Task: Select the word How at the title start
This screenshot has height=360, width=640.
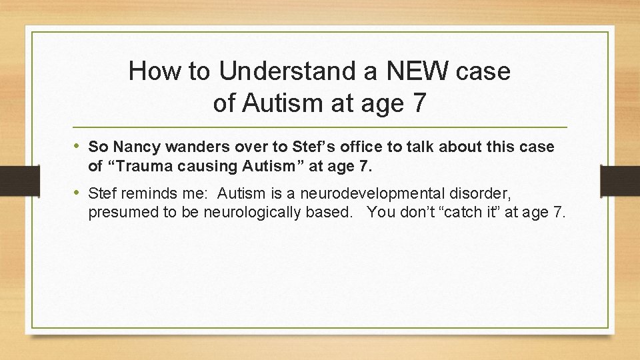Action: point(155,71)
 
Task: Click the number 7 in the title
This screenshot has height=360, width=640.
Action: point(417,103)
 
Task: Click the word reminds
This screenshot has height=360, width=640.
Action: point(150,195)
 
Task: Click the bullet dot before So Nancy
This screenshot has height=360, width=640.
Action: point(79,146)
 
